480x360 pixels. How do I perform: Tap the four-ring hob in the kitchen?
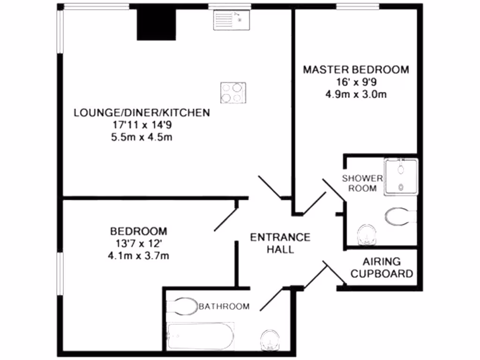233,92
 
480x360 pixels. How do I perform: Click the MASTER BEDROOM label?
355,70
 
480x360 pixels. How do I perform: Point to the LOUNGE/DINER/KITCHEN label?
141,112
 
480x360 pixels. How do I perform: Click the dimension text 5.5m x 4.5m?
141,137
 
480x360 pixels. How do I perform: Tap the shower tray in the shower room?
400,176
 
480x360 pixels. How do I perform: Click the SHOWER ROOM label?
362,183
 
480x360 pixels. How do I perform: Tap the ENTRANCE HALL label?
280,243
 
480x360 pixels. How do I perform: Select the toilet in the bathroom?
183,306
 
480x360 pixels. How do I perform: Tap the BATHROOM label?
224,307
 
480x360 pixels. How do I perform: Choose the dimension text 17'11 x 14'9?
141,125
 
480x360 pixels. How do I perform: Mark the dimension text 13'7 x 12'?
138,244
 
